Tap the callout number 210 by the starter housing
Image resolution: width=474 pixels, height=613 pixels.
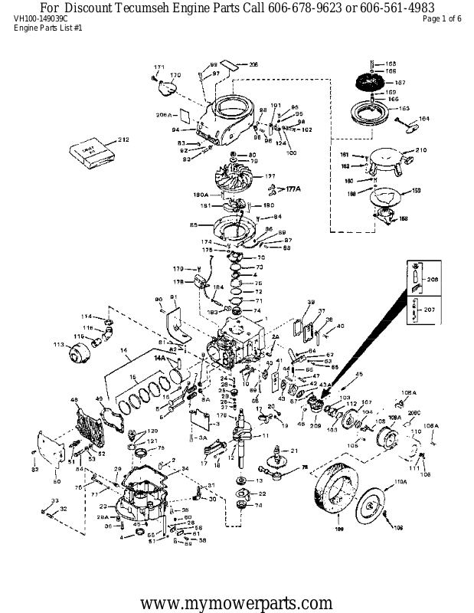tap(420, 150)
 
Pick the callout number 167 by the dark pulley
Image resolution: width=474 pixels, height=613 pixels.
tap(400, 82)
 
